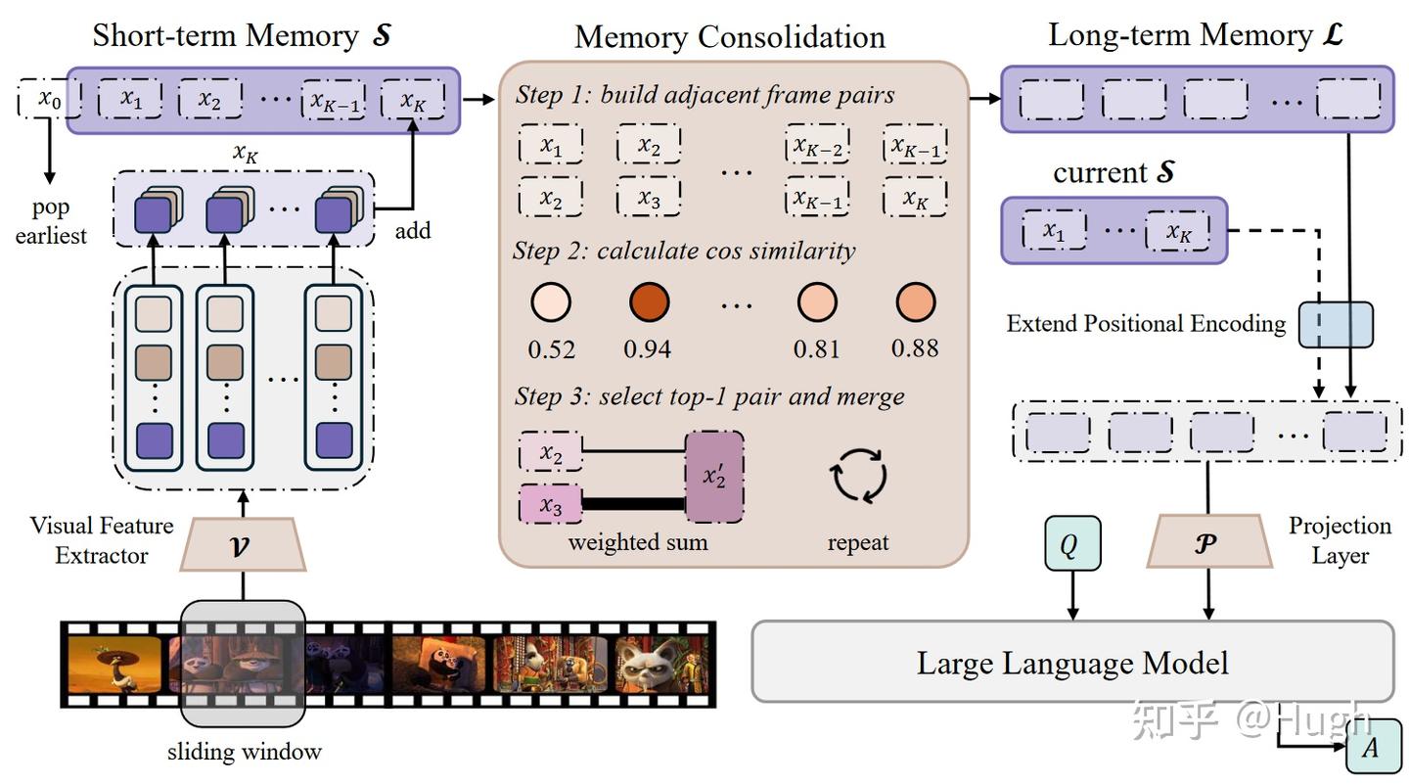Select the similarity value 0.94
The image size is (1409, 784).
coord(648,348)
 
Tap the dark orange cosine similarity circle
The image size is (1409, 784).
coord(648,302)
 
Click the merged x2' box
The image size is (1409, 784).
coord(714,476)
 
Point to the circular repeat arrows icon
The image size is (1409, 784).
coord(858,477)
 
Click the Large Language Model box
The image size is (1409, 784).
coord(1071,662)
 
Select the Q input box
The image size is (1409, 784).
coord(1072,542)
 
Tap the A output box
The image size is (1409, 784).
coord(1371,749)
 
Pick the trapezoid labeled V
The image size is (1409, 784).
coord(243,544)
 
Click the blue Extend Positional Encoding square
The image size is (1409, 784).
coord(1336,325)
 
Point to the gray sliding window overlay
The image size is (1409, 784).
coord(243,664)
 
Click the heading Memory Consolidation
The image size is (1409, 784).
coord(729,37)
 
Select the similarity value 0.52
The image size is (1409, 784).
coord(551,348)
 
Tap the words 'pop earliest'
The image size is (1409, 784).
coord(51,221)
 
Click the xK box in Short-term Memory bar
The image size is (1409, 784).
coord(412,100)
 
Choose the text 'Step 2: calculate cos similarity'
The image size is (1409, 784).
coord(684,251)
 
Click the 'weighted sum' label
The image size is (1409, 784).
coord(637,541)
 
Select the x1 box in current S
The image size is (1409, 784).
coord(1053,231)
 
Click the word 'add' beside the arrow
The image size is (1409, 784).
coord(413,231)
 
